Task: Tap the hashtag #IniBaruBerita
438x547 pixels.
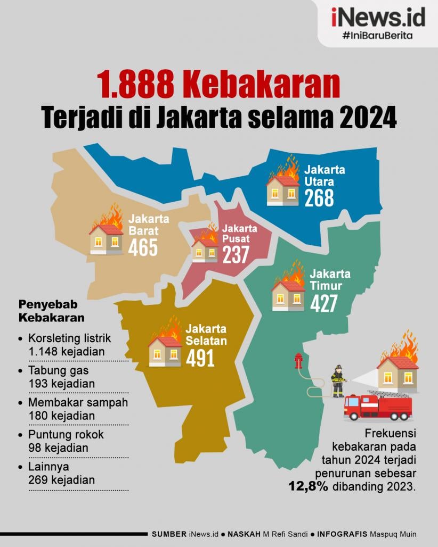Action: pyautogui.click(x=378, y=36)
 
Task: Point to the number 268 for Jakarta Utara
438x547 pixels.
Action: pyautogui.click(x=319, y=197)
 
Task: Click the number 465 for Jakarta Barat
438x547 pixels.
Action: pyautogui.click(x=143, y=247)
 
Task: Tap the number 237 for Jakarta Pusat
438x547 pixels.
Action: pyautogui.click(x=236, y=255)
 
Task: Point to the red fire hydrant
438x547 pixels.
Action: pyautogui.click(x=298, y=362)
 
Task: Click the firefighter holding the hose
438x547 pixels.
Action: pyautogui.click(x=337, y=380)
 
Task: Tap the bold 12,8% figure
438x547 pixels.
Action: pyautogui.click(x=309, y=485)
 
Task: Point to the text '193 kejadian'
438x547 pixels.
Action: pyautogui.click(x=62, y=383)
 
